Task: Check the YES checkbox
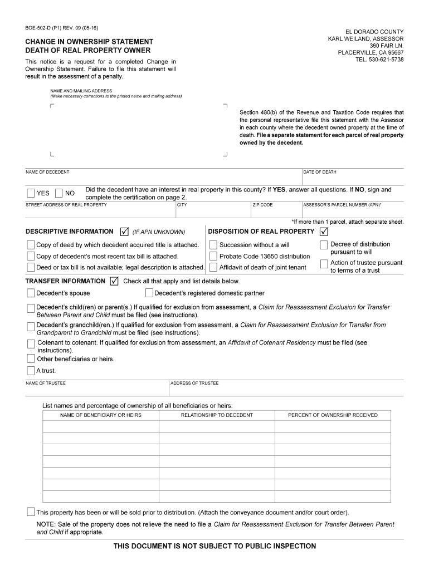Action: tap(30, 193)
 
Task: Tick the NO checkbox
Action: tap(59, 193)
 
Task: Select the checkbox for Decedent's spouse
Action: tap(30, 293)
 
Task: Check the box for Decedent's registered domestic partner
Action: tap(149, 293)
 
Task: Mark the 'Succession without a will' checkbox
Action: tap(213, 245)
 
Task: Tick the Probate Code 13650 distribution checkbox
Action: tap(213, 256)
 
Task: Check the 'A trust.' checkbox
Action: tap(30, 371)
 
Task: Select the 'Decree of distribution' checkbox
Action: tap(324, 245)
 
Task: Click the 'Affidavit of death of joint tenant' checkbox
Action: tap(213, 267)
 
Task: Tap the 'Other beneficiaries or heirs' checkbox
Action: tap(30, 359)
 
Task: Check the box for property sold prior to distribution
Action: tap(30, 512)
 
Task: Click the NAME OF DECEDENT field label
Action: tap(47, 172)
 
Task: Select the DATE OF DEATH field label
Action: tap(320, 172)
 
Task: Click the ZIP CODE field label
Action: tap(262, 205)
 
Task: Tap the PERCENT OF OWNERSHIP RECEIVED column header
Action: tap(333, 415)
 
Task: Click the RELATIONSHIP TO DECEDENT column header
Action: tap(217, 415)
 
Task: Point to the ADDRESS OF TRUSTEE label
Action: tap(194, 383)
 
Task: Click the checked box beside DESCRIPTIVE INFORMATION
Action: tap(124, 232)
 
